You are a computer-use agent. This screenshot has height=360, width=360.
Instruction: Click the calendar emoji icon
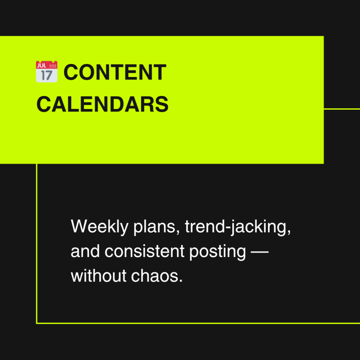coord(47,72)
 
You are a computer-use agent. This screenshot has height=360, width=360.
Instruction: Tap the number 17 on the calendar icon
coord(47,75)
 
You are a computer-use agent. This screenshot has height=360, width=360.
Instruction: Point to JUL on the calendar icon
coord(41,66)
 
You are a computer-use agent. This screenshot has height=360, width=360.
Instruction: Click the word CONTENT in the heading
coord(115,72)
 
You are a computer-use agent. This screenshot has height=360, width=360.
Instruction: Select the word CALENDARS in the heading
coord(102,104)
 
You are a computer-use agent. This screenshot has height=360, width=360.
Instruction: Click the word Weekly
coord(99,226)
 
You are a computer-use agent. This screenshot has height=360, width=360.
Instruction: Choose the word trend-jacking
coord(238,226)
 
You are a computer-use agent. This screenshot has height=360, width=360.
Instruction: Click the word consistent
coord(144,251)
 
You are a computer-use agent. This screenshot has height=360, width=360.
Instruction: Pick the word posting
coord(218,252)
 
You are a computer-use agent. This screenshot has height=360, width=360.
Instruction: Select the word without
coord(98,276)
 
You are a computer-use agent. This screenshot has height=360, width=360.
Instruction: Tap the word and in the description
coord(85,251)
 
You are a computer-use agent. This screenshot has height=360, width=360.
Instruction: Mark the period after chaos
coord(181,281)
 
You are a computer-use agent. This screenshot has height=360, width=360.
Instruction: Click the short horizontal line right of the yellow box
coord(342,109)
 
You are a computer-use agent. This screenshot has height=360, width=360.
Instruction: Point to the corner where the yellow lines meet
coord(37,323)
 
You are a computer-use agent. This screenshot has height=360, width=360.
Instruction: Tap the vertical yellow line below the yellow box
coord(37,244)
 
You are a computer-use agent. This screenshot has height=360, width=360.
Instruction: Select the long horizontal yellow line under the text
coord(198,323)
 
